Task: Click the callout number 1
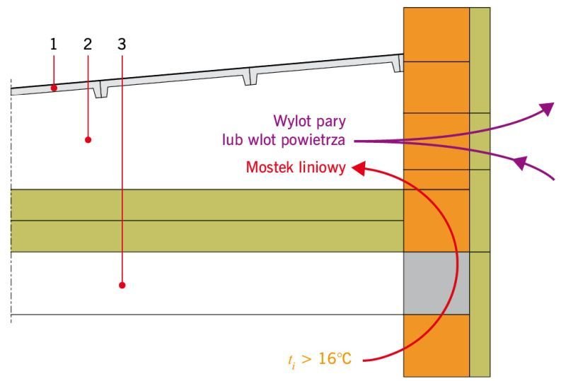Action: coord(54,44)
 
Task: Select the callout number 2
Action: coord(88,44)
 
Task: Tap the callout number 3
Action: coord(122,44)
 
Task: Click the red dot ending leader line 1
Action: coord(54,88)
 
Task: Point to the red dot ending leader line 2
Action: coord(88,140)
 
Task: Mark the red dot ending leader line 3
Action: coord(122,285)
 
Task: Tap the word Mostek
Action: coord(268,168)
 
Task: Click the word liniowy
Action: coord(320,168)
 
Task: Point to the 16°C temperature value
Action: coord(335,358)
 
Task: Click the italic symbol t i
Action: coord(291,361)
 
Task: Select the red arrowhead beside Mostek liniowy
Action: coord(359,168)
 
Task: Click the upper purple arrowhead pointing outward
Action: coord(547,108)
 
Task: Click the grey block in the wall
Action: coord(436,283)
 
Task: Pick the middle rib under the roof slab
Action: coord(247,77)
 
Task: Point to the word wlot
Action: coord(262,140)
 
